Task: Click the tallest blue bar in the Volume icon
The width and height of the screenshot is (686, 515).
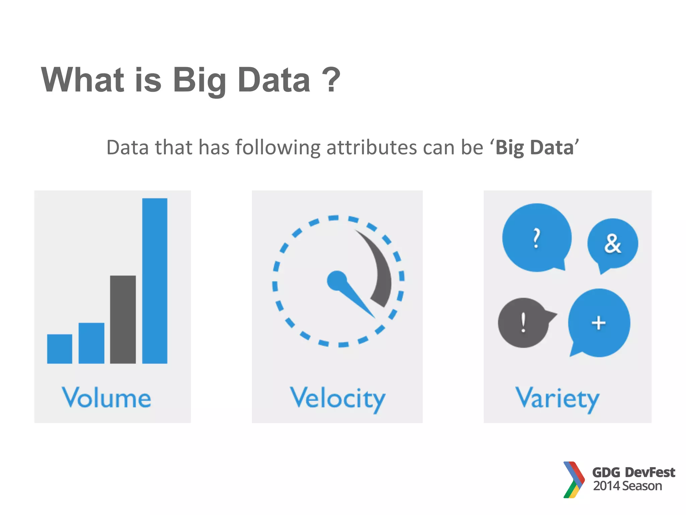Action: [155, 281]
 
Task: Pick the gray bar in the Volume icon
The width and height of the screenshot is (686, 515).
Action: [123, 319]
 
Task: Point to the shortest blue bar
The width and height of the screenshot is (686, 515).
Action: [60, 349]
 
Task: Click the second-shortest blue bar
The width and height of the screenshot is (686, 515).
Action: [91, 343]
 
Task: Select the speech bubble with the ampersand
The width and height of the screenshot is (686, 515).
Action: [613, 244]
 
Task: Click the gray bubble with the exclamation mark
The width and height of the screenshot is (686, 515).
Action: [523, 323]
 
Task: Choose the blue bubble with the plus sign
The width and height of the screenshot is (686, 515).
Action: [599, 323]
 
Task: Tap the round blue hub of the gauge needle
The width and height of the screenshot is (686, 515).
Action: [337, 281]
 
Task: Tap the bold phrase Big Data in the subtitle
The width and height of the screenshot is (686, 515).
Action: [535, 148]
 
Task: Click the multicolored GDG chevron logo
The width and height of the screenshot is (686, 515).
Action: [573, 479]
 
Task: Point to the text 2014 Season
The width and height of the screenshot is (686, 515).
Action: [627, 486]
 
